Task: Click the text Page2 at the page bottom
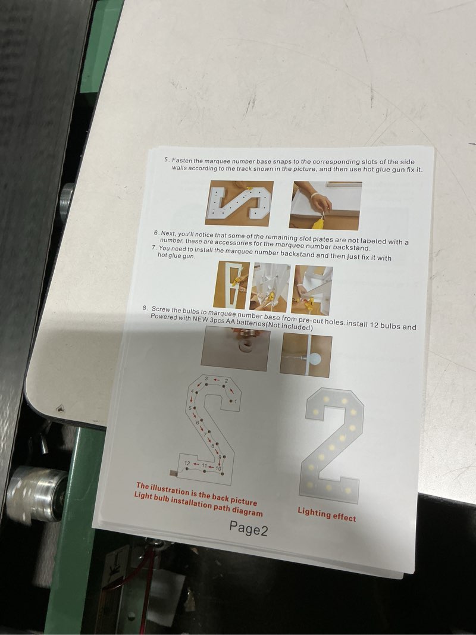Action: (x=249, y=528)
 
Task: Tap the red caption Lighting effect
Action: (x=327, y=514)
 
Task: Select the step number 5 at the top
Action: (x=167, y=159)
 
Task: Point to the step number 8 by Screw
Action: (x=145, y=308)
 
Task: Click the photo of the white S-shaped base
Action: (x=239, y=203)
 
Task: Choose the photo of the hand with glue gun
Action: (x=325, y=205)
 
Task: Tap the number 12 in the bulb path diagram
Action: (x=187, y=462)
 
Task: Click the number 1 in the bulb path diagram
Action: (x=235, y=401)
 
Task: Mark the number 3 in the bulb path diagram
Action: (x=206, y=379)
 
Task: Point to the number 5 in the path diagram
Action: (x=190, y=408)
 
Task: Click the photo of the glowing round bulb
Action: (x=306, y=355)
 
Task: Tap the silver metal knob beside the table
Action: (x=37, y=493)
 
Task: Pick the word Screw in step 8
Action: (x=161, y=309)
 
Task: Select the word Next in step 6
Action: (x=168, y=233)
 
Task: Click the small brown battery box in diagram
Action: (x=174, y=473)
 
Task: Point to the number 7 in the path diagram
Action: (x=205, y=434)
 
